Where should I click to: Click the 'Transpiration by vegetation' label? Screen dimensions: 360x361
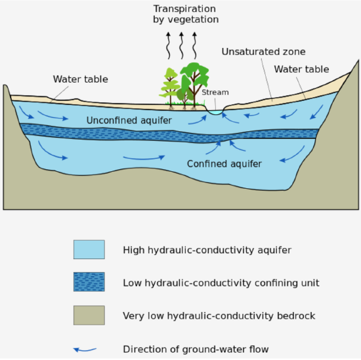pyautogui.click(x=185, y=14)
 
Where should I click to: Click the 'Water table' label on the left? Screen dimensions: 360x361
pyautogui.click(x=81, y=79)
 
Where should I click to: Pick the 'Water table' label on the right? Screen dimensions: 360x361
pyautogui.click(x=301, y=69)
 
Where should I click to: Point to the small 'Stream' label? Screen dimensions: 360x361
pyautogui.click(x=215, y=92)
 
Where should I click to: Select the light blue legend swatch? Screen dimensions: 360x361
pyautogui.click(x=89, y=249)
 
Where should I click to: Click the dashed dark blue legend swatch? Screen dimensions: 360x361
pyautogui.click(x=89, y=283)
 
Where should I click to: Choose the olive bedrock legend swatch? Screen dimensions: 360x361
pyautogui.click(x=89, y=315)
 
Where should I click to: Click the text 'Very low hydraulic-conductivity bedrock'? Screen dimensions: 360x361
pyautogui.click(x=219, y=316)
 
